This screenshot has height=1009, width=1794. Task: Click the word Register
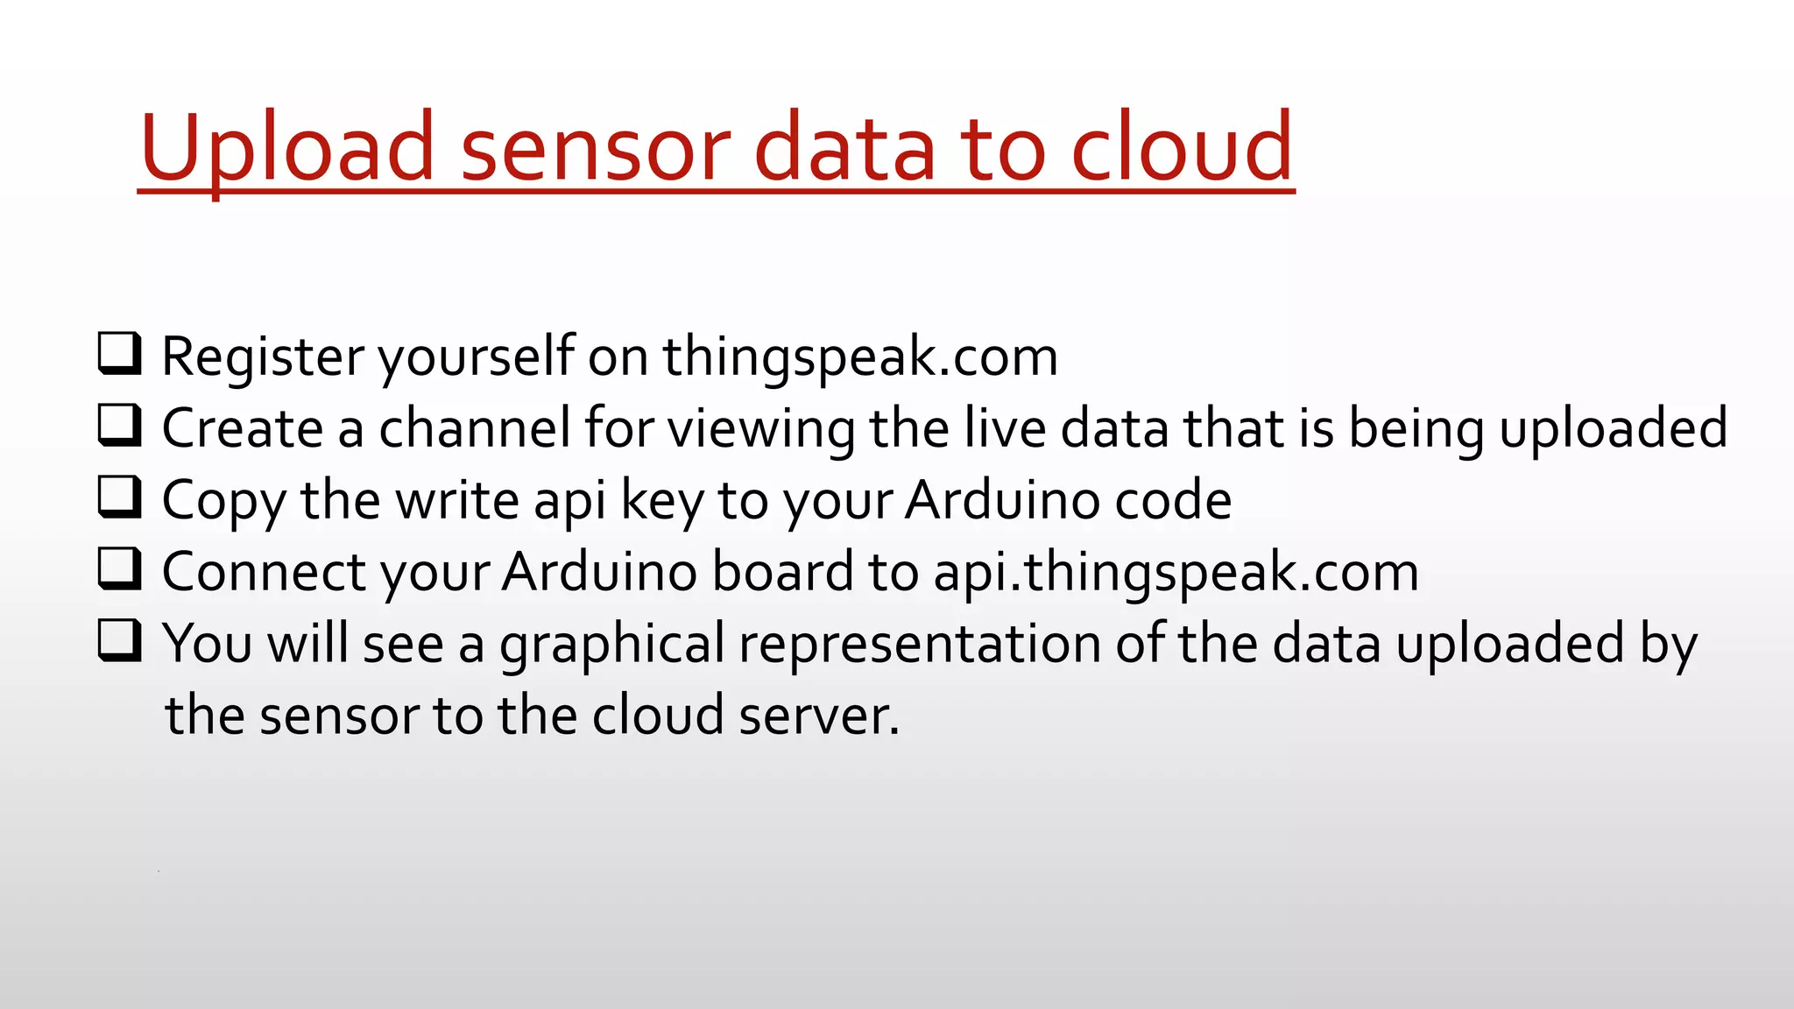(x=263, y=356)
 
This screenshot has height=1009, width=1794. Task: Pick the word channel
(x=474, y=428)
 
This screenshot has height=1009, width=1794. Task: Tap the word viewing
(x=761, y=428)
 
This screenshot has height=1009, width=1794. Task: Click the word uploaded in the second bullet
(x=1613, y=428)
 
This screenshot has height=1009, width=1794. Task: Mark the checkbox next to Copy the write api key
(x=118, y=497)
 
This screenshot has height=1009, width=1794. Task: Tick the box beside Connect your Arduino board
(x=118, y=568)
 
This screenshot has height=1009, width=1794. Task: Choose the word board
(x=782, y=572)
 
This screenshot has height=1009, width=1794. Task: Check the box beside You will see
(x=118, y=640)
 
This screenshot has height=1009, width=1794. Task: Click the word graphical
(x=612, y=644)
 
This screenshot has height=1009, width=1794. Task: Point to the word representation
(x=920, y=644)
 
